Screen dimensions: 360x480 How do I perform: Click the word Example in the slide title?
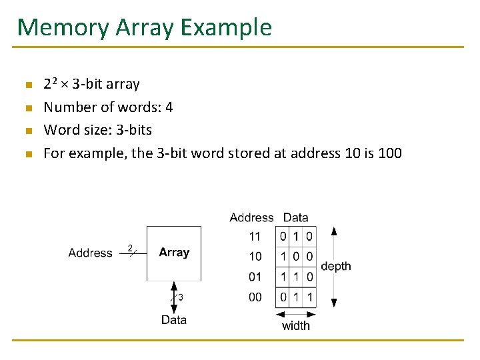227,27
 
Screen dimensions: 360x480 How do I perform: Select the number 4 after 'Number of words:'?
169,107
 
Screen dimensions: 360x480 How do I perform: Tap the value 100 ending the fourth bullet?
389,153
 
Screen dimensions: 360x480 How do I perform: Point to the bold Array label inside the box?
174,253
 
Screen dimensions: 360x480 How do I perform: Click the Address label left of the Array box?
90,253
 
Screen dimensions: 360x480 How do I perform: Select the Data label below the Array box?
174,320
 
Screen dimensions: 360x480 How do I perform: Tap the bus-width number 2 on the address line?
130,247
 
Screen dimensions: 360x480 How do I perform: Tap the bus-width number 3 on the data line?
180,297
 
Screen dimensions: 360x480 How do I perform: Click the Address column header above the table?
251,217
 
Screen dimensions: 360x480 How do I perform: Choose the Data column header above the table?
295,217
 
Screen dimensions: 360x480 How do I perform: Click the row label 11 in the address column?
255,237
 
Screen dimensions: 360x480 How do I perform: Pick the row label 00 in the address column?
255,297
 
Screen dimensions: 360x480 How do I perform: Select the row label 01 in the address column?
255,277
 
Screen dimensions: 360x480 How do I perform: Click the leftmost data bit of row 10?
283,257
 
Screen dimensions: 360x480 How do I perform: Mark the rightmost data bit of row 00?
309,297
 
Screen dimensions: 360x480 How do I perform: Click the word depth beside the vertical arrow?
336,267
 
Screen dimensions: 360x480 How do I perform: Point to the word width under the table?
296,326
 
